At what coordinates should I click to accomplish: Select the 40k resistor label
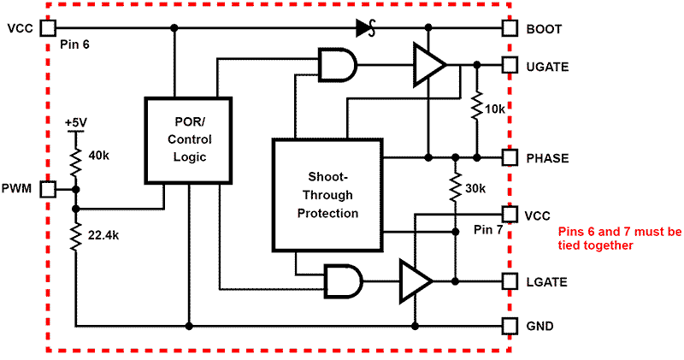98,156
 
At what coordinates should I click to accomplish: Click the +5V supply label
75,123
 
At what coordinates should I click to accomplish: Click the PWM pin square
48,188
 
